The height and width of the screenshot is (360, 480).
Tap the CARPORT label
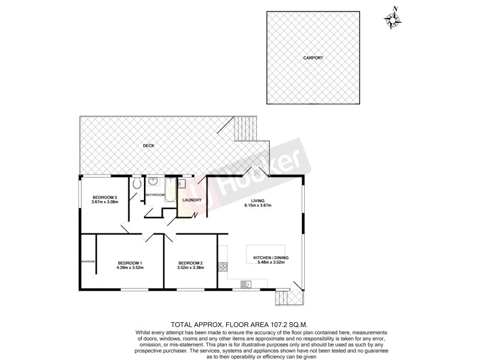[x=313, y=58]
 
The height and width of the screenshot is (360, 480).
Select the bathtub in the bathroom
[x=169, y=190]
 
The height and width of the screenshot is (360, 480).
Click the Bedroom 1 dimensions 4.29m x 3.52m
[x=130, y=267]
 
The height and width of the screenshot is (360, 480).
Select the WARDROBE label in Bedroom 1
[x=89, y=262]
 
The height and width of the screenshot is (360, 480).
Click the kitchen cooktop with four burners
[x=223, y=266]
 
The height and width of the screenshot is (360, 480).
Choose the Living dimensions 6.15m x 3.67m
[x=258, y=205]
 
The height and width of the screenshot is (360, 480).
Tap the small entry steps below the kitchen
[x=281, y=298]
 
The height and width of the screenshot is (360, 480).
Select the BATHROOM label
[x=155, y=195]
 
